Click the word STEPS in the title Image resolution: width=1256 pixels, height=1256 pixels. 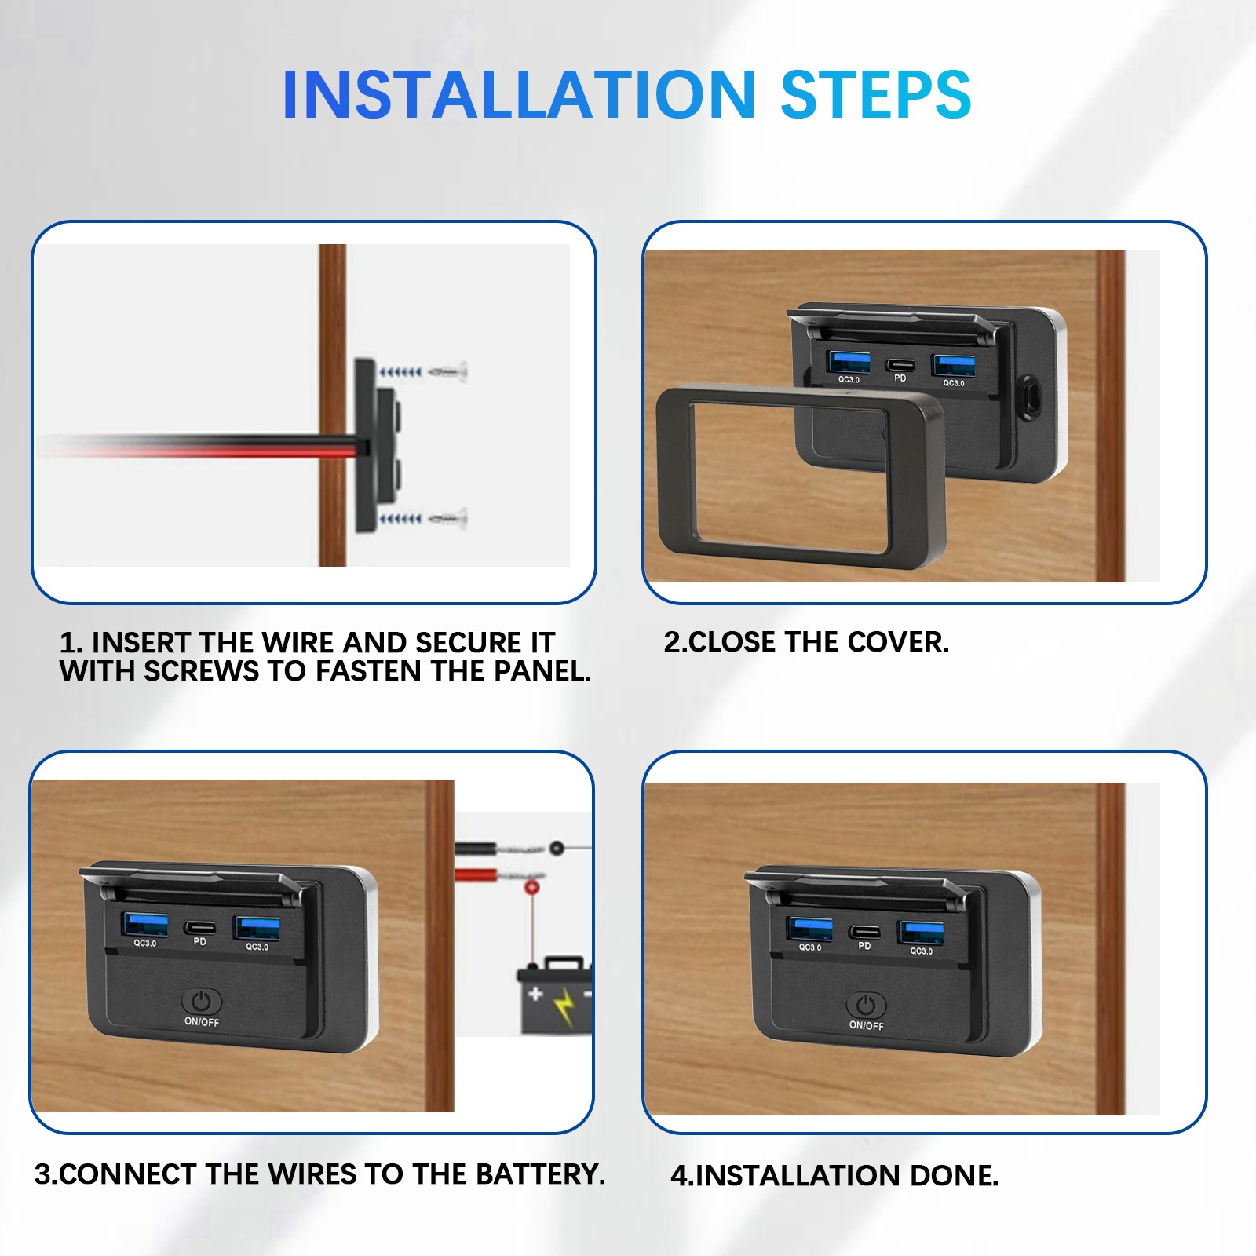coord(875,95)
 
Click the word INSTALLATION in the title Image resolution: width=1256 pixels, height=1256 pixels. coord(519,95)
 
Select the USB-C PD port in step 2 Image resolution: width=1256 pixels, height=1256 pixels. coord(900,365)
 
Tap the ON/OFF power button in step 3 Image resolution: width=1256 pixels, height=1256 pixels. coord(202,1002)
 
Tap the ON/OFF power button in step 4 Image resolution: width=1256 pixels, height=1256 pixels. coord(866,1006)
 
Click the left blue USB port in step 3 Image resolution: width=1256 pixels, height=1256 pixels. coord(145,925)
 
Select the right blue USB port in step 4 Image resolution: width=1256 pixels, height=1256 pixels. coord(921,933)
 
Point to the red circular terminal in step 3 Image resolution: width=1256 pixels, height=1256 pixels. coord(531,887)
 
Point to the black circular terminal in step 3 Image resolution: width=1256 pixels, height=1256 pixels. coord(557,848)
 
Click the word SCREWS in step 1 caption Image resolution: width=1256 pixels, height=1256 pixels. coord(201,671)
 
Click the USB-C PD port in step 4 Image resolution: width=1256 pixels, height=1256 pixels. coord(863,932)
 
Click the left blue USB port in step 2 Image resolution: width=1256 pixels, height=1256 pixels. coord(849,362)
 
